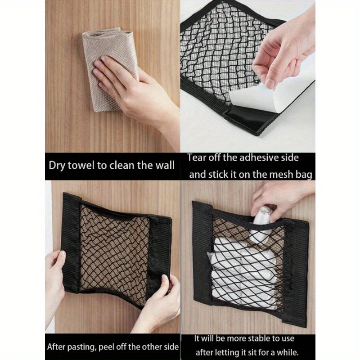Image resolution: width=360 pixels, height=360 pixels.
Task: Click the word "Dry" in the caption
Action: click(58, 165)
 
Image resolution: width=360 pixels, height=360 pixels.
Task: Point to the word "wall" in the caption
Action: click(164, 165)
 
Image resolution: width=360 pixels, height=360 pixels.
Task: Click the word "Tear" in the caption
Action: click(198, 157)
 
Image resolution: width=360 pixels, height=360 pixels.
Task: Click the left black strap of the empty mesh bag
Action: click(72, 243)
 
